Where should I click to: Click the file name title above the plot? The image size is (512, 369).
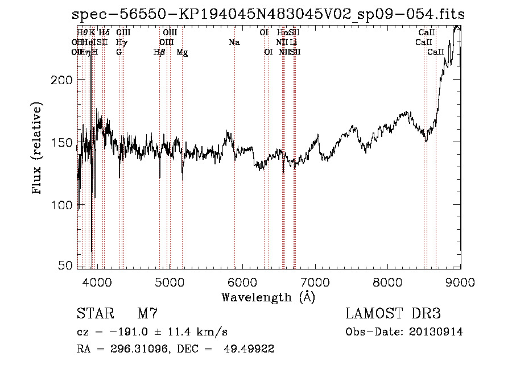click(x=269, y=15)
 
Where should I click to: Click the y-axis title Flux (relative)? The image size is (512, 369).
click(x=38, y=149)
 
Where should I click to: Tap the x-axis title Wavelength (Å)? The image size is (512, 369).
click(x=268, y=297)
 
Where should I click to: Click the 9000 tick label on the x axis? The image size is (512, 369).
click(x=460, y=280)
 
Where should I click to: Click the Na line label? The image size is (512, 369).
click(x=234, y=43)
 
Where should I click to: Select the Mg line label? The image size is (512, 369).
click(x=183, y=52)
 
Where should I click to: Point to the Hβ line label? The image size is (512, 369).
click(x=159, y=52)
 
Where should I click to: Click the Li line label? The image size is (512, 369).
click(x=294, y=43)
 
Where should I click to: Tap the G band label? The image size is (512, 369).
click(x=119, y=52)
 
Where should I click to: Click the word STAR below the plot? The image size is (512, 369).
click(x=94, y=314)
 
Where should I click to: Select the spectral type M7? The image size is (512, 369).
click(x=147, y=314)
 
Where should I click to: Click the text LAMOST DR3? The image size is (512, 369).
click(x=393, y=314)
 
